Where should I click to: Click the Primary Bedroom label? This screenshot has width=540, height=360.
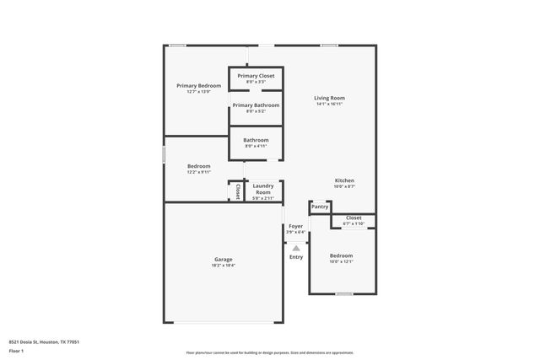(x=198, y=85)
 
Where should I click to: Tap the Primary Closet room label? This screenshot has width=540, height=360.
(x=255, y=76)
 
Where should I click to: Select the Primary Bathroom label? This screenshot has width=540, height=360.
(x=255, y=105)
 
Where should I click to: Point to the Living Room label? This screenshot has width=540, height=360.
(x=330, y=98)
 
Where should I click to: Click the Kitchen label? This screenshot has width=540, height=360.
(x=344, y=180)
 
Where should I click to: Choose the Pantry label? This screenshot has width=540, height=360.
(x=320, y=207)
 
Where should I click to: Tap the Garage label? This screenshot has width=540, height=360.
(x=223, y=259)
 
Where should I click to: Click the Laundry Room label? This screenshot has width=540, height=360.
(x=263, y=189)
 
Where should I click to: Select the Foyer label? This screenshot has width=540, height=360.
(x=295, y=226)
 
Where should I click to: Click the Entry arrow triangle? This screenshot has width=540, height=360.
(x=295, y=248)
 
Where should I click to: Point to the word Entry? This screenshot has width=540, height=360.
(x=296, y=257)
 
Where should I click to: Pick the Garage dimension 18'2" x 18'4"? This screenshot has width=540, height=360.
(x=223, y=266)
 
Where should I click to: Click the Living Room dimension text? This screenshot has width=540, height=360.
(x=330, y=105)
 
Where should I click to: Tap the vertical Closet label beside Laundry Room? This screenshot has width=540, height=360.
(x=237, y=192)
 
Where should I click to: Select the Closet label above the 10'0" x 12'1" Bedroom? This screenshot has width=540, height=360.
(x=354, y=218)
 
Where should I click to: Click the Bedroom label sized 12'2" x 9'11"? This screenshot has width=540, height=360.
(x=198, y=166)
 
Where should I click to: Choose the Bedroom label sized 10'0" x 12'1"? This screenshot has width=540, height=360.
(x=341, y=255)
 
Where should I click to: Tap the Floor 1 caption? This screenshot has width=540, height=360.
(x=16, y=352)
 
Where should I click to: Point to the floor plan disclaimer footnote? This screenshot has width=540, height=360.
(x=269, y=352)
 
